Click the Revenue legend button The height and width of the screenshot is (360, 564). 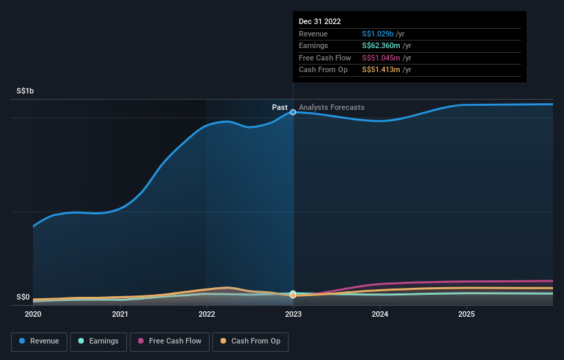[39, 341]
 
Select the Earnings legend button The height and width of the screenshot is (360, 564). [98, 341]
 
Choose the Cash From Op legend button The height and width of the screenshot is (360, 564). [251, 341]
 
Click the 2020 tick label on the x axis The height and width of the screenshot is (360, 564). [33, 315]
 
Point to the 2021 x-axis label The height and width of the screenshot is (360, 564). [120, 315]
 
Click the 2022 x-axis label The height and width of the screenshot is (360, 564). [207, 315]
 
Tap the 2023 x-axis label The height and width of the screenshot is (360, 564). [293, 315]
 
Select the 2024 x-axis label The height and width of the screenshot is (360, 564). [380, 315]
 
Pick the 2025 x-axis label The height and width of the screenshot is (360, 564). [466, 315]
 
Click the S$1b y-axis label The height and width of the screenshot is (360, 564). [25, 91]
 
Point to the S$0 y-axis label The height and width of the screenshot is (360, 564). [23, 297]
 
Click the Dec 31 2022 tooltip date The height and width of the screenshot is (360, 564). [319, 22]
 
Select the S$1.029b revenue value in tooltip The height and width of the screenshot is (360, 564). [378, 34]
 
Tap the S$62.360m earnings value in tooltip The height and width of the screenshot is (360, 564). [381, 46]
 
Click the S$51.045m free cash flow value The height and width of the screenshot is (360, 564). [381, 58]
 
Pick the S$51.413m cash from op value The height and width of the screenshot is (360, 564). [381, 70]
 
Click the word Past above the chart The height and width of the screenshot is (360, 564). [280, 108]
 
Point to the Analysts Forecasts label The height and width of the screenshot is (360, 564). [332, 108]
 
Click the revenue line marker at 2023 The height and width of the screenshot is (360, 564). [293, 112]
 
